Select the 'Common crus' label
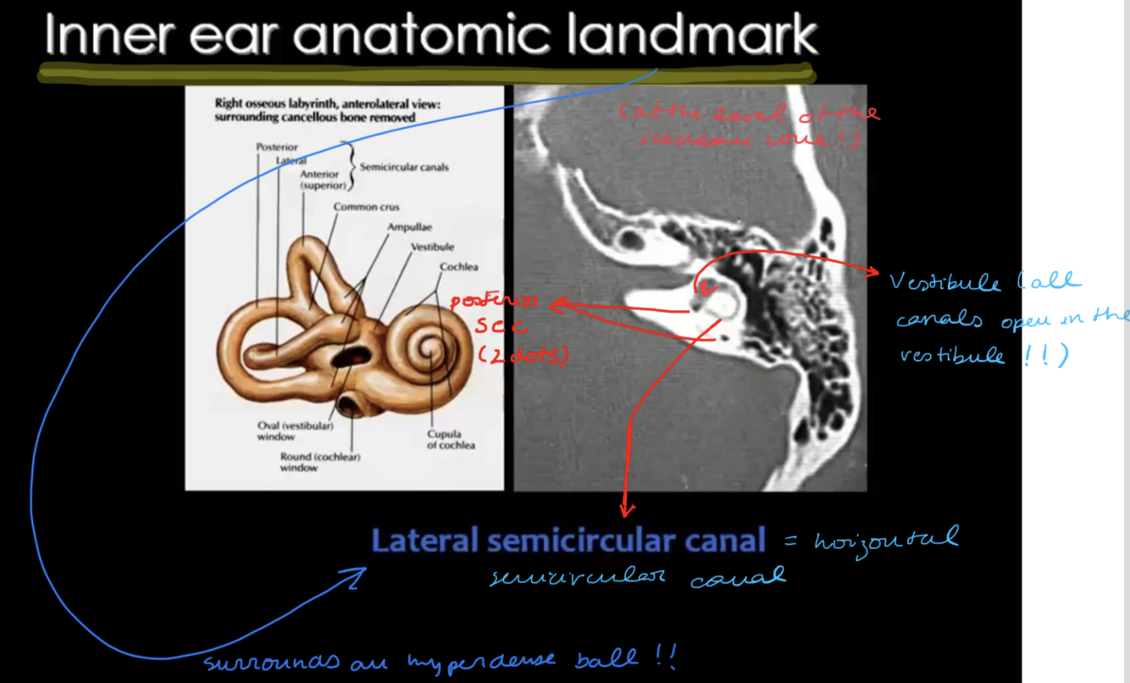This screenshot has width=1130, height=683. pos(366,207)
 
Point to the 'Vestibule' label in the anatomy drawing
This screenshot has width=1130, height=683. pos(432,247)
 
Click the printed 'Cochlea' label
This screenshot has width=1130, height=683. pos(458,267)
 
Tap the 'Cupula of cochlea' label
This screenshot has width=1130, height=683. pos(451,439)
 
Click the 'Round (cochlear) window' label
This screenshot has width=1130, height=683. pos(320,462)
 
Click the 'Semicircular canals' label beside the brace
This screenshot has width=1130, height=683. pos(404,168)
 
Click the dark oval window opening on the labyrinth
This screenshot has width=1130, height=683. pos(346,357)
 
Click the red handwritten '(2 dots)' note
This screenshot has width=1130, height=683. pos(522,356)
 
